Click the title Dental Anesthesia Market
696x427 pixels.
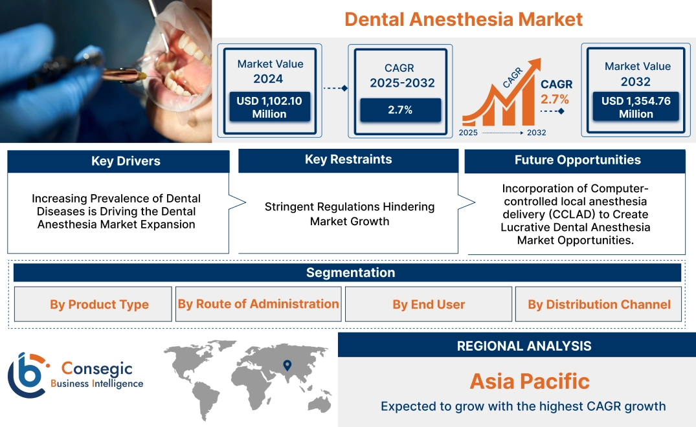tap(464, 19)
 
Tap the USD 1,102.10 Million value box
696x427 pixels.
tap(269, 107)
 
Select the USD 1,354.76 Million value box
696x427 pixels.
tap(636, 107)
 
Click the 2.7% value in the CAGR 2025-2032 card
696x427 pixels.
tap(400, 110)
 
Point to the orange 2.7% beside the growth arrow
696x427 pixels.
tap(555, 99)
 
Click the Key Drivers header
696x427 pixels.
tap(126, 161)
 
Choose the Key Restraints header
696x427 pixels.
tap(348, 160)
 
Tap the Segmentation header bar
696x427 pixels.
tap(350, 272)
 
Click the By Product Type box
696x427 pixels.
tap(99, 304)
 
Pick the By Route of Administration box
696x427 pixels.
tap(258, 304)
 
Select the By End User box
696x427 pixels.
tap(429, 304)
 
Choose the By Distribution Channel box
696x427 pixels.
tap(599, 304)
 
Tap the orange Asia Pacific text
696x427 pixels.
tap(530, 381)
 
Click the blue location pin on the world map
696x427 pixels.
tap(287, 366)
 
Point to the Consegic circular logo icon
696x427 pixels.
tap(27, 375)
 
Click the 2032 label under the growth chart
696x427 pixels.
tap(536, 133)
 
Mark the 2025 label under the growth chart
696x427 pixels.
tap(469, 133)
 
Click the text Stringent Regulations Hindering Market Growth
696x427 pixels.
tap(349, 214)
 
